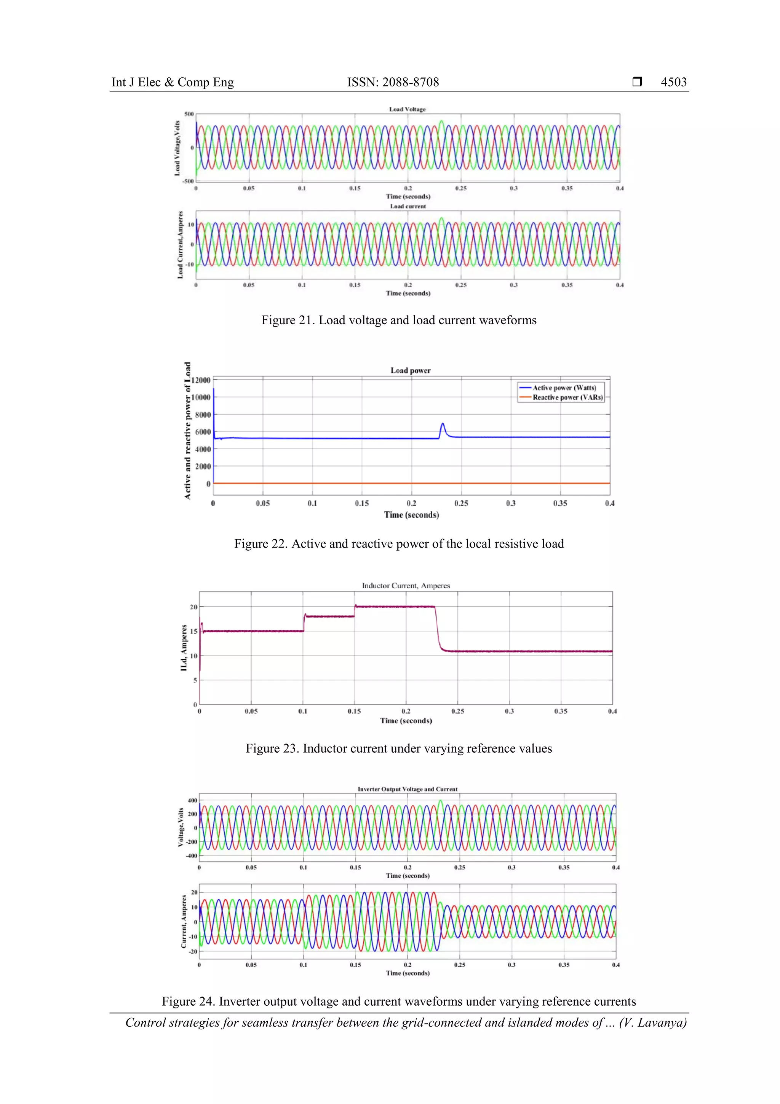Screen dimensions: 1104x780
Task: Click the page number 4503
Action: (x=673, y=82)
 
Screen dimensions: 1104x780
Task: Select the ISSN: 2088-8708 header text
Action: (x=393, y=82)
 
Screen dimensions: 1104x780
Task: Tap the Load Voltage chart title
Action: (x=407, y=109)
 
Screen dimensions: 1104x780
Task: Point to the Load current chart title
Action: (x=408, y=206)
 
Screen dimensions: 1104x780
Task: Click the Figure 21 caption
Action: (x=398, y=320)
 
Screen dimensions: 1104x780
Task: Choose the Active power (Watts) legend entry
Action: (x=564, y=388)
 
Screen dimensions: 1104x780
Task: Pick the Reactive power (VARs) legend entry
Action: (x=567, y=397)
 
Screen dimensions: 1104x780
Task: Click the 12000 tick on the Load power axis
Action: (x=201, y=380)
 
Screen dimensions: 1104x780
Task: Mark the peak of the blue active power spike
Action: (x=443, y=424)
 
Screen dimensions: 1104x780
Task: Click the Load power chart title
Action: (x=411, y=370)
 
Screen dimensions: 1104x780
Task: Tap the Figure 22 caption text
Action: (x=398, y=544)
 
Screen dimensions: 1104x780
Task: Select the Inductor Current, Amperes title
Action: (x=406, y=586)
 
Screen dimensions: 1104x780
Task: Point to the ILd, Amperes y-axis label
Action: (x=184, y=648)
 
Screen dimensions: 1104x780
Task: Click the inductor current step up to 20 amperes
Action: (x=355, y=607)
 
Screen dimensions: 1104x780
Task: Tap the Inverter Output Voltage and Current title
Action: (x=407, y=789)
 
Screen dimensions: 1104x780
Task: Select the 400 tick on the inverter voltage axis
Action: (x=192, y=800)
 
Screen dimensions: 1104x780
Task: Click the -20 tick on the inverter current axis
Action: (x=193, y=951)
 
